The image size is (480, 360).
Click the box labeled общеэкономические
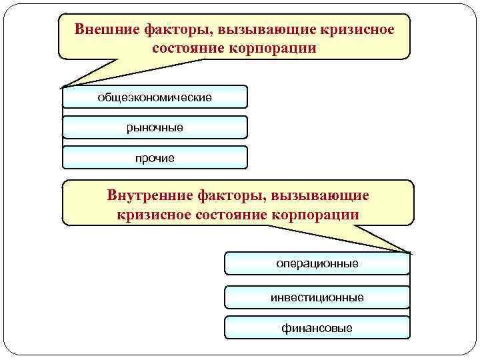coord(155,97)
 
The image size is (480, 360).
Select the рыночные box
coord(155,127)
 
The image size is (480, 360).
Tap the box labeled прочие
coord(155,158)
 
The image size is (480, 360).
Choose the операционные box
coord(317,263)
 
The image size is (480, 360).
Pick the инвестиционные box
coord(317,297)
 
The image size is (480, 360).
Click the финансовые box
coord(317,328)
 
